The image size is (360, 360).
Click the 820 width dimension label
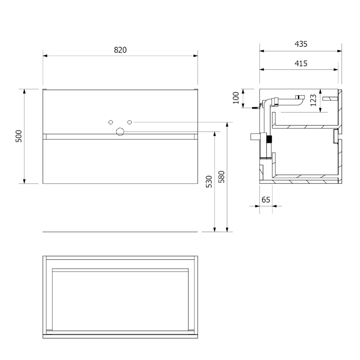[x=120, y=50]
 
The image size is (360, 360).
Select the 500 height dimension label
[x=19, y=136]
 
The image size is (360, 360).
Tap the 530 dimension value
[x=209, y=182]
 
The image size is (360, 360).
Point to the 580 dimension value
[x=221, y=176]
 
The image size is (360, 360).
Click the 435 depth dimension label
[x=301, y=44]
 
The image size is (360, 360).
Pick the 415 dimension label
[x=301, y=63]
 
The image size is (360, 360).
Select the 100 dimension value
[x=236, y=98]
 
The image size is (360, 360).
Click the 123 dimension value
[x=313, y=100]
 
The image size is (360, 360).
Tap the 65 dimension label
[x=265, y=200]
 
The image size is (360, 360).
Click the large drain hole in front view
[x=120, y=132]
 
